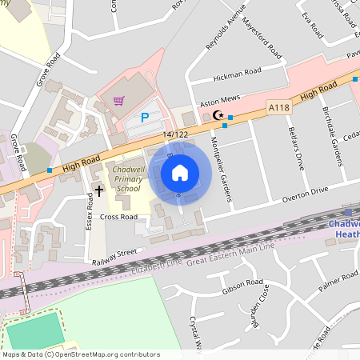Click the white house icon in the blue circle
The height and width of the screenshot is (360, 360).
pyautogui.click(x=180, y=172)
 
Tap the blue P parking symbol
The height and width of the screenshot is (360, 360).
pyautogui.click(x=145, y=118)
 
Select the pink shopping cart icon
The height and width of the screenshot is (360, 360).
pyautogui.click(x=119, y=101)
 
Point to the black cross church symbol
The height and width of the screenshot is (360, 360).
pyautogui.click(x=99, y=190)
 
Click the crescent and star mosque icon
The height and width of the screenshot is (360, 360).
pyautogui.click(x=218, y=115)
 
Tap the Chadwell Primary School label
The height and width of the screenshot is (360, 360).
pyautogui.click(x=128, y=180)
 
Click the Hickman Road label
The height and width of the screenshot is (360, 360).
pyautogui.click(x=237, y=75)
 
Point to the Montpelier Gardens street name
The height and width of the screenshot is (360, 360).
pyautogui.click(x=218, y=166)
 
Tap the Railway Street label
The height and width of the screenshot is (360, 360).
pyautogui.click(x=114, y=257)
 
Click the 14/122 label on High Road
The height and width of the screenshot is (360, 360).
pyautogui.click(x=175, y=134)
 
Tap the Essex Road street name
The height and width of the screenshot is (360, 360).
pyautogui.click(x=89, y=212)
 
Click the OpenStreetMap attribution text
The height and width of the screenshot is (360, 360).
pyautogui.click(x=80, y=354)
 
